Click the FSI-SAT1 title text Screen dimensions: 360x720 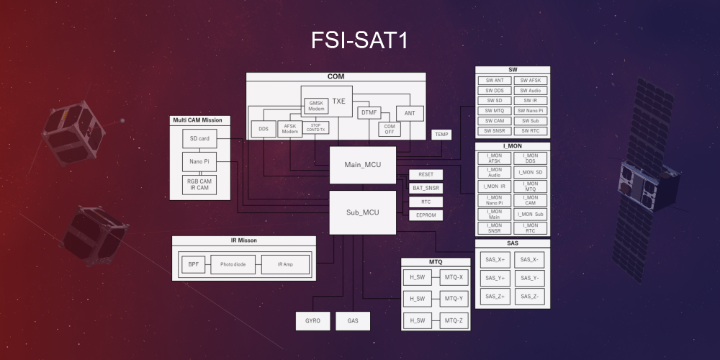point(359,40)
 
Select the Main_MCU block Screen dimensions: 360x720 point(363,166)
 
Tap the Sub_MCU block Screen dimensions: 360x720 point(363,212)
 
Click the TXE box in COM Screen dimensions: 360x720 point(339,102)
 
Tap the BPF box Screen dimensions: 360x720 point(193,265)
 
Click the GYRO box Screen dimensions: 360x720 point(313,320)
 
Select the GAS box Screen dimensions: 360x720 point(353,320)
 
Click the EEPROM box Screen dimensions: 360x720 point(426,215)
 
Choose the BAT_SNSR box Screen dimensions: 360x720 point(426,188)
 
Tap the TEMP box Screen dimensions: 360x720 point(441,135)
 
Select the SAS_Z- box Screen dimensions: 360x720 point(530,296)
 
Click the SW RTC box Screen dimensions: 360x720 point(530,131)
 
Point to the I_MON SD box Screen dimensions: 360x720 point(530,173)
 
